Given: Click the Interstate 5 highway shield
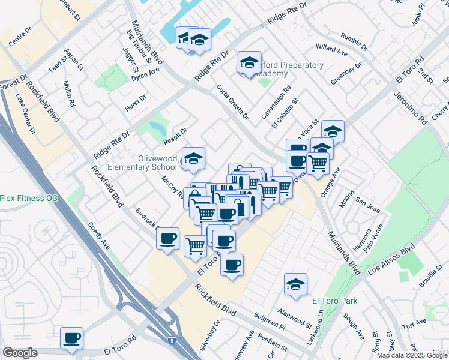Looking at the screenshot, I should (x=173, y=340).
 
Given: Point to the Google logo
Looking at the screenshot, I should (x=20, y=353).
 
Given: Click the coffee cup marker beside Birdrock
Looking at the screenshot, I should (x=167, y=238).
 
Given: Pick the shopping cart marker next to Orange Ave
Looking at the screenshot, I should (x=318, y=163).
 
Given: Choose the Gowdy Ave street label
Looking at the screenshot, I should (x=99, y=235).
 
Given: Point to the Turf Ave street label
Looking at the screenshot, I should (x=414, y=324).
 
